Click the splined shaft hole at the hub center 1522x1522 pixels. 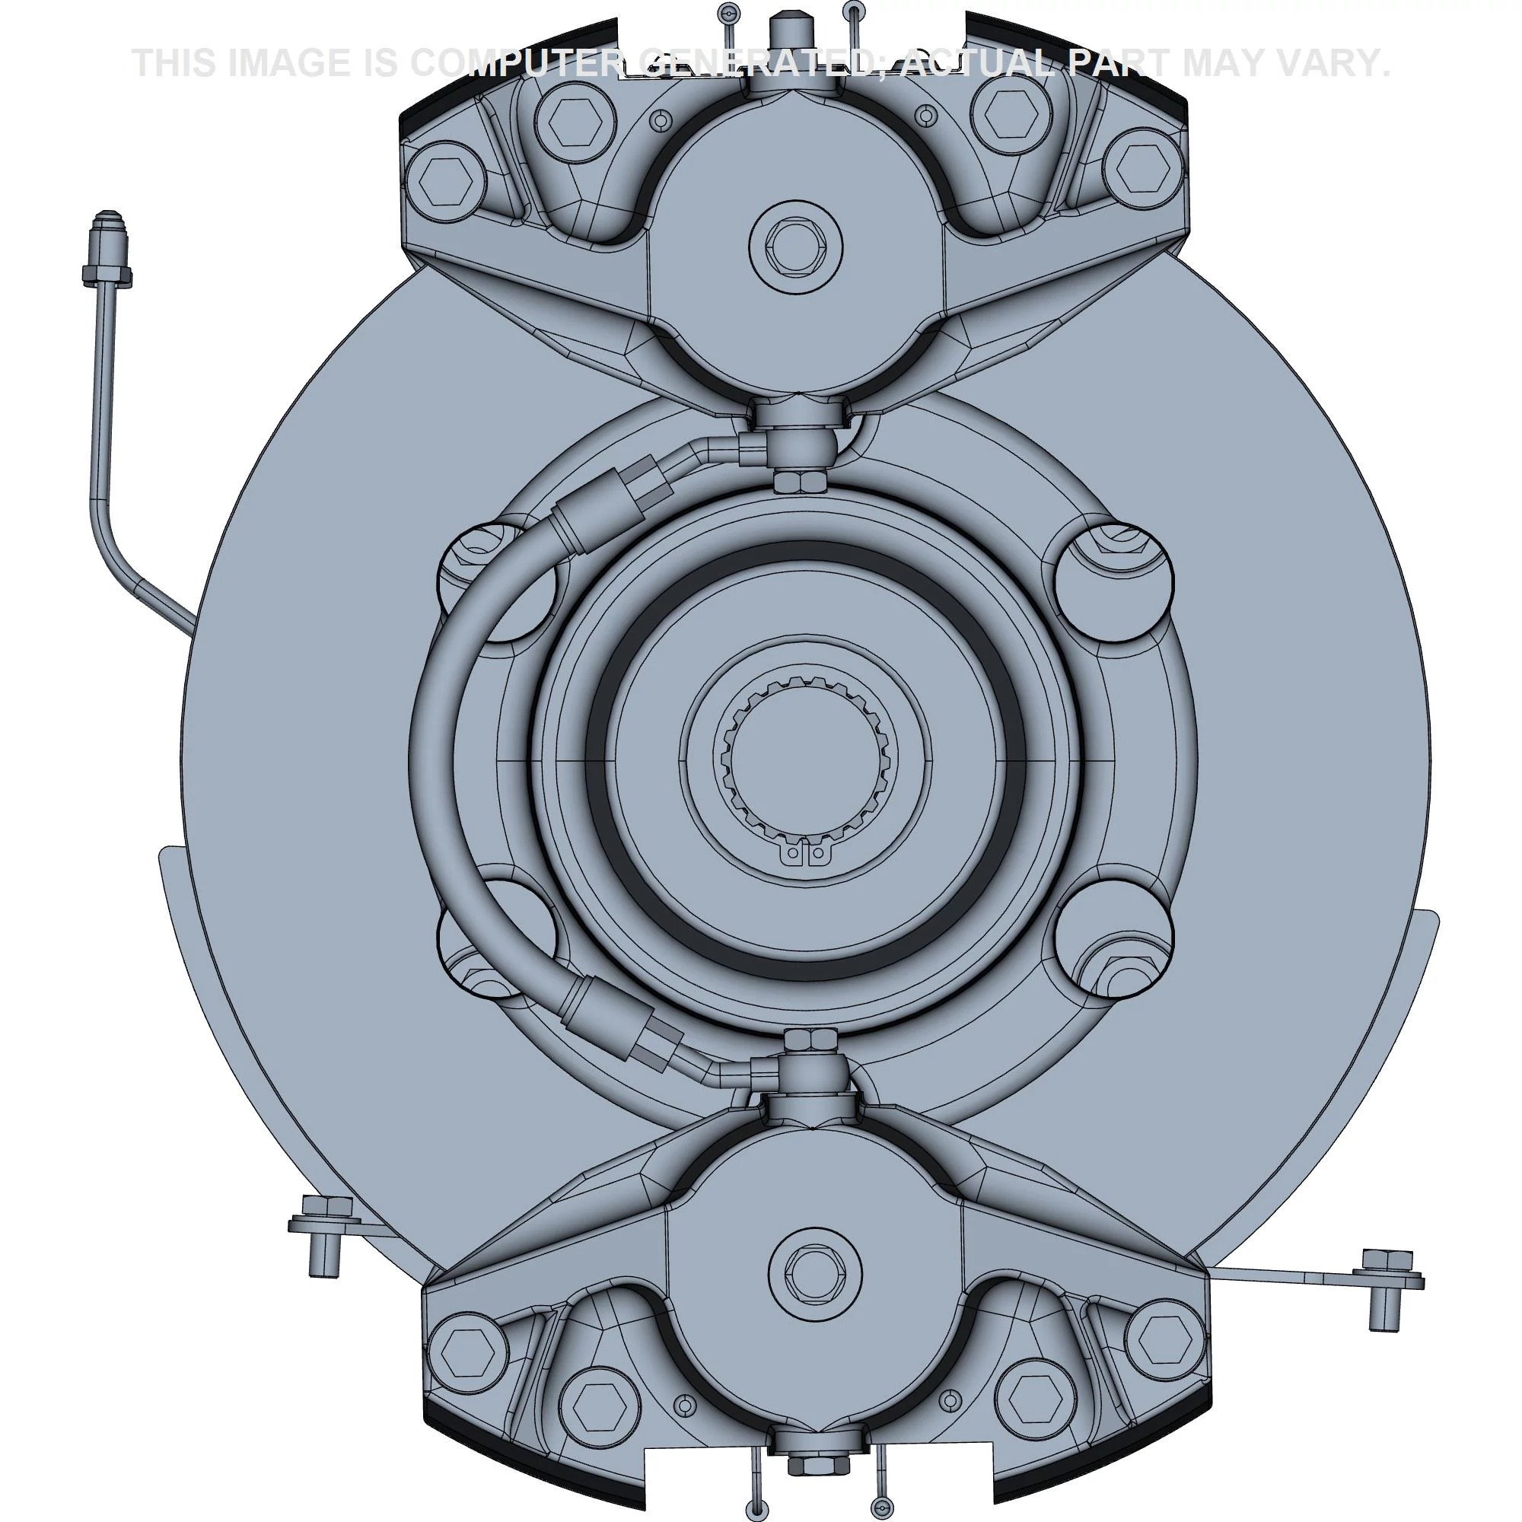coord(807,761)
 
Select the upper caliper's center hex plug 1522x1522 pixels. coord(796,244)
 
